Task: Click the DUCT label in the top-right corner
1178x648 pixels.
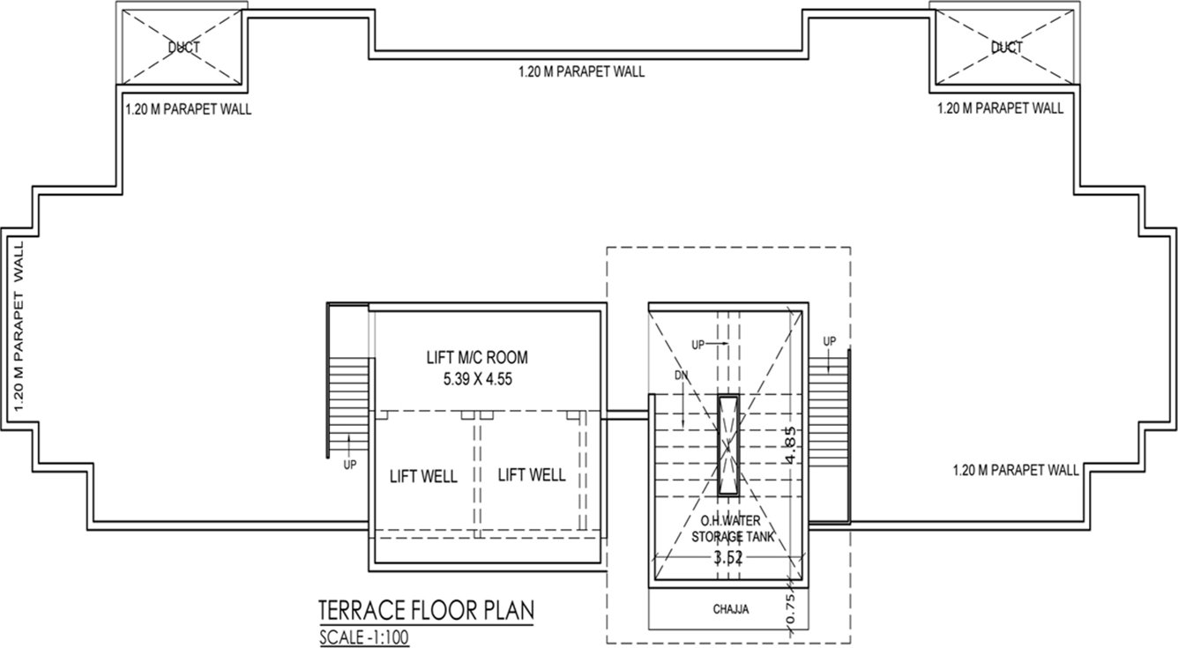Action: pos(1005,47)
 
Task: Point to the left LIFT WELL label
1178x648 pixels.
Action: pos(423,477)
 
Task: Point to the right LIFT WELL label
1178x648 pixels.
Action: pos(532,475)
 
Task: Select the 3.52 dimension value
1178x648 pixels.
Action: pos(728,556)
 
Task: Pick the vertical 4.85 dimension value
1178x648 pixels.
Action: pos(792,446)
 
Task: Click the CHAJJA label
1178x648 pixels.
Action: pos(730,609)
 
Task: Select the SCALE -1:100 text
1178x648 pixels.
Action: pos(364,637)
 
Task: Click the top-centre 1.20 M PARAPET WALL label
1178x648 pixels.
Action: pos(581,72)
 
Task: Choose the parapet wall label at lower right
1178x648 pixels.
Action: pos(1016,471)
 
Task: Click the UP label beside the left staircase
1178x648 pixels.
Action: pos(350,466)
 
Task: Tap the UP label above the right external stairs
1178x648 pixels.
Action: pos(829,341)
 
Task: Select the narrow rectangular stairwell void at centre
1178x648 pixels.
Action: pos(728,446)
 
